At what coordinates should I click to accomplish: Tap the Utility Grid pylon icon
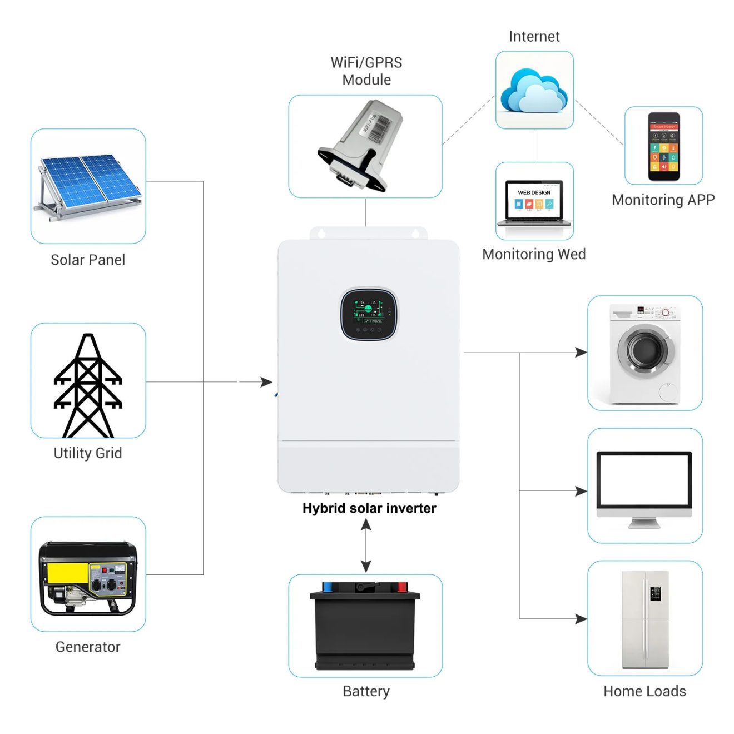[88, 385]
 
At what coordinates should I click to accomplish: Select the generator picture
[88, 578]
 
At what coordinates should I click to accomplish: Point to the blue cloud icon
[534, 91]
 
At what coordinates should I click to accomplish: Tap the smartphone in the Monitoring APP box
[663, 147]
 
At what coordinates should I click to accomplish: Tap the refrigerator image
[645, 619]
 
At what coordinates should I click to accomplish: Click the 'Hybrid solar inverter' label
[369, 508]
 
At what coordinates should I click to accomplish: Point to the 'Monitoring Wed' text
[534, 254]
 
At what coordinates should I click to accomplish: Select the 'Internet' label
[534, 37]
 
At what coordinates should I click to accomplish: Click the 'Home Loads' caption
[644, 691]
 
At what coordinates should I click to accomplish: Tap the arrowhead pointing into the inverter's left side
[267, 382]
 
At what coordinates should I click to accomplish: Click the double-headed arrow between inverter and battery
[366, 545]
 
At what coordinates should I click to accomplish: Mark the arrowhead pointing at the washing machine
[581, 352]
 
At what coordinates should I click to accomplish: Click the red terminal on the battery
[401, 587]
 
